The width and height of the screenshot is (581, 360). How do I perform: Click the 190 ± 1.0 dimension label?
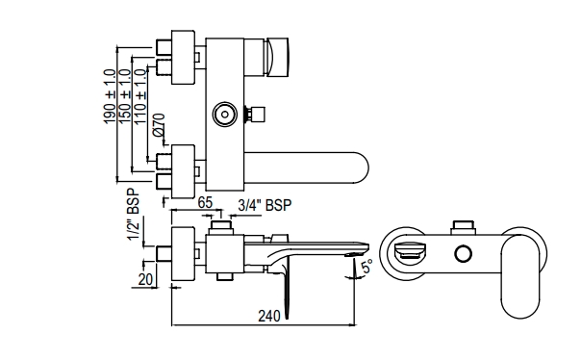tap(110, 96)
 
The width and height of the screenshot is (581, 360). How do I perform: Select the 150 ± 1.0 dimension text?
tap(124, 94)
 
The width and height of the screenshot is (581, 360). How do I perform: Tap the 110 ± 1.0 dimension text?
tap(139, 96)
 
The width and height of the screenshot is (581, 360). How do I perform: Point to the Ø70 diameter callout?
tap(159, 124)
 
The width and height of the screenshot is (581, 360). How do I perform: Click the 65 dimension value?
tap(205, 203)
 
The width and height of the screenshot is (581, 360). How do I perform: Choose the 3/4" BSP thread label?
tap(265, 205)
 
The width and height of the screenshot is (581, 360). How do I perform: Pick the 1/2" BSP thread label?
tap(134, 215)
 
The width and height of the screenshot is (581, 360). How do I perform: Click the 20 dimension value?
tap(145, 279)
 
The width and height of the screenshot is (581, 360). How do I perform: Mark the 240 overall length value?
tap(269, 317)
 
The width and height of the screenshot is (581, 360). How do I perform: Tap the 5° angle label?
tap(366, 266)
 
